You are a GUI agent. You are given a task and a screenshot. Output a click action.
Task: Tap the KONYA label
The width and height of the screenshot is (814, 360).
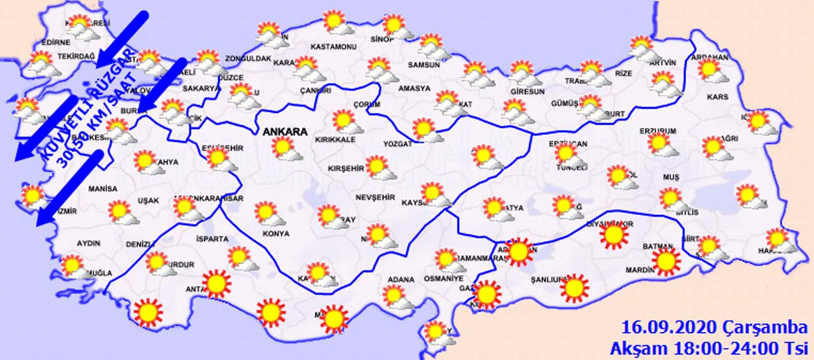point(275,233)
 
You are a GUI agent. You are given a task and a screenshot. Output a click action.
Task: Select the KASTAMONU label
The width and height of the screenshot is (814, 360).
point(333,47)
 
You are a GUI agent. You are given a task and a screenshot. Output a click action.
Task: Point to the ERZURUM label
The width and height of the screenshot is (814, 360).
point(658,131)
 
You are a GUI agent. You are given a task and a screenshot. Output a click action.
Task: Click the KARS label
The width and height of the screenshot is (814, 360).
point(717,97)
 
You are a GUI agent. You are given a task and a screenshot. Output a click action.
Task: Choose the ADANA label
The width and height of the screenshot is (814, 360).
point(401,279)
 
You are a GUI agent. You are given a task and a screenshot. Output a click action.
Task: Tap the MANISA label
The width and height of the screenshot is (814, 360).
point(103,189)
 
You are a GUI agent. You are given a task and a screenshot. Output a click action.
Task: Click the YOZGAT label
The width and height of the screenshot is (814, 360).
point(397,144)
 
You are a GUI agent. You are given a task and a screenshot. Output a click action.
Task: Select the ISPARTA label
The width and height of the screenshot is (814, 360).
point(213,239)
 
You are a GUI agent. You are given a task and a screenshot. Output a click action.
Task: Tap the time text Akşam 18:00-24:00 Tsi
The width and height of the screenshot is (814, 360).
point(708,348)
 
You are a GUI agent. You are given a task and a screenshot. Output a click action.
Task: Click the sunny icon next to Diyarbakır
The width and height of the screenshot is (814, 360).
point(614,236)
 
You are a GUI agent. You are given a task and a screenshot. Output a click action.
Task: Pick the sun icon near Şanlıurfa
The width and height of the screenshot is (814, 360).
point(575,288)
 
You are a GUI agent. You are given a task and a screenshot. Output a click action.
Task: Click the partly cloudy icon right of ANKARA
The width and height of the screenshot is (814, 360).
point(284,148)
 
